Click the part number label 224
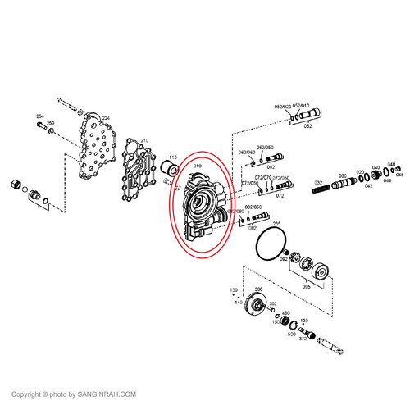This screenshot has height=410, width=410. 103,117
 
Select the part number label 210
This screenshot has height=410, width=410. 144,140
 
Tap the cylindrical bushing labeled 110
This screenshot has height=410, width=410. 171,170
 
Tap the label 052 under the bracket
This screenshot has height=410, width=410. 307,126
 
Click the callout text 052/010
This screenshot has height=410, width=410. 303,106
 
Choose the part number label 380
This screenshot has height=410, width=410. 257,290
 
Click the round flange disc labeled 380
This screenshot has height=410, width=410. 260,309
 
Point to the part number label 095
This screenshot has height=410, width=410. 307,286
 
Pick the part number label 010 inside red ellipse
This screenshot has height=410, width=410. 197,166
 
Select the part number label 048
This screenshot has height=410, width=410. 391,164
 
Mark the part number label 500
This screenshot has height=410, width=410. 291,335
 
